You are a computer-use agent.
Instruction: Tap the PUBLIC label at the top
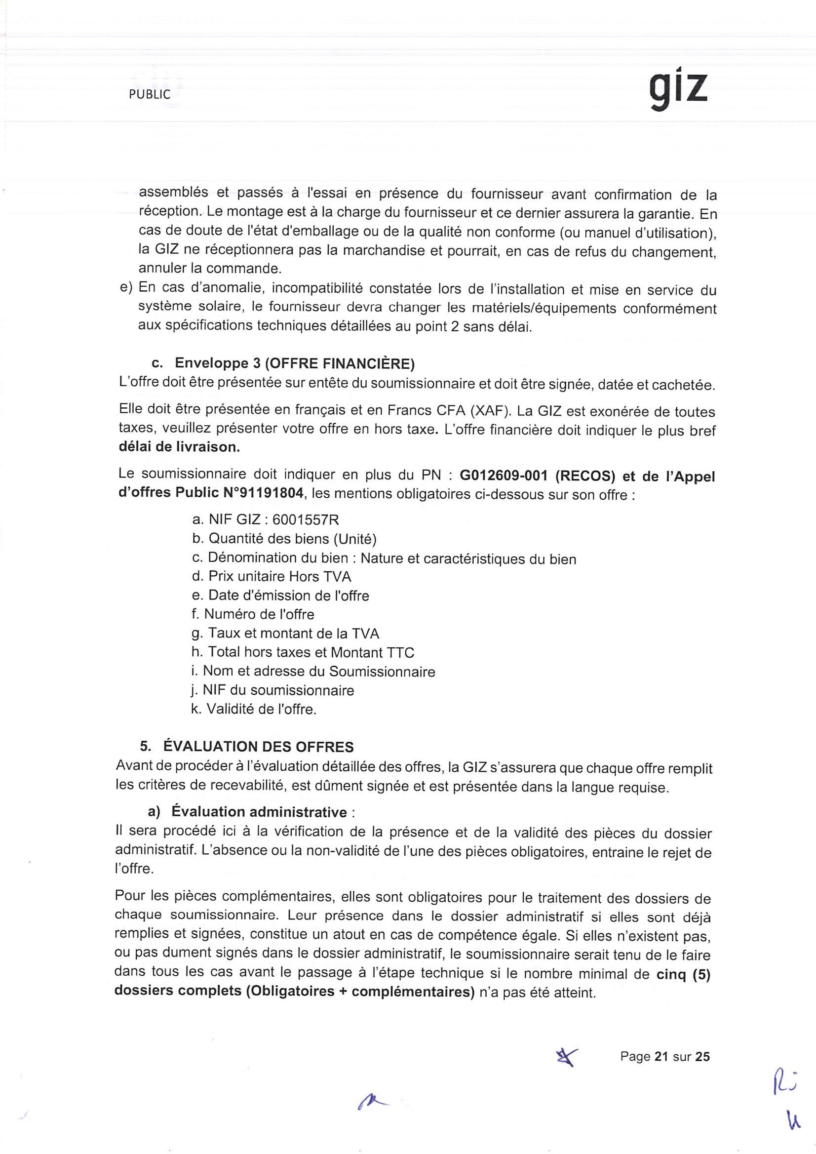150,94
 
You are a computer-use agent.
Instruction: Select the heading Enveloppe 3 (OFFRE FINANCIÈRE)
294,363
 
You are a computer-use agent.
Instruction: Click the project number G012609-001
504,475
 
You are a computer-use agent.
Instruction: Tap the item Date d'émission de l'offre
281,596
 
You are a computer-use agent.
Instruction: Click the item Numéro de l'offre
253,614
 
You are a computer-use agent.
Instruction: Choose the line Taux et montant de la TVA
286,633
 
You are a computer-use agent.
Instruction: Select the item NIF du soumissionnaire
273,690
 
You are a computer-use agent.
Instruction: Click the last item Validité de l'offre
254,709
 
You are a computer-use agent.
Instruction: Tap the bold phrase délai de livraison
179,447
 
